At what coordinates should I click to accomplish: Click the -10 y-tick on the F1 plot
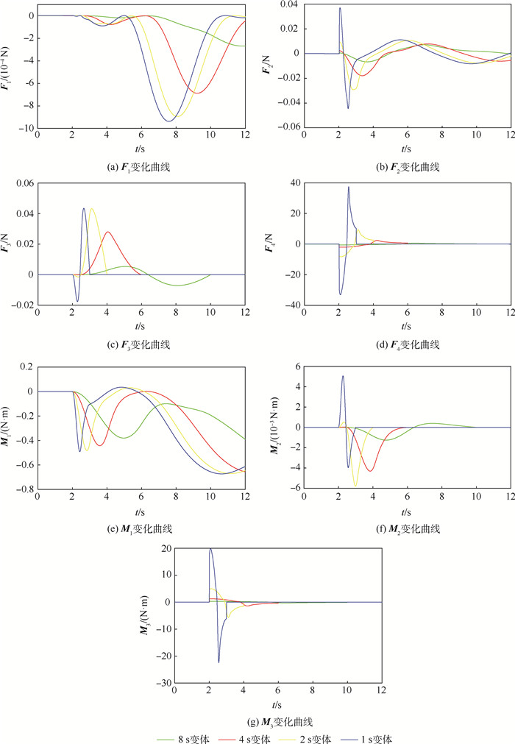24,128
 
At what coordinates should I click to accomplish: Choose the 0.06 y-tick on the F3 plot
24,183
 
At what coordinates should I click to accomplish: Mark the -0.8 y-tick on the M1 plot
23,489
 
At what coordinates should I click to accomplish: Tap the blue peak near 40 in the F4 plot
348,187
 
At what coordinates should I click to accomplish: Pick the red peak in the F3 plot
108,233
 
